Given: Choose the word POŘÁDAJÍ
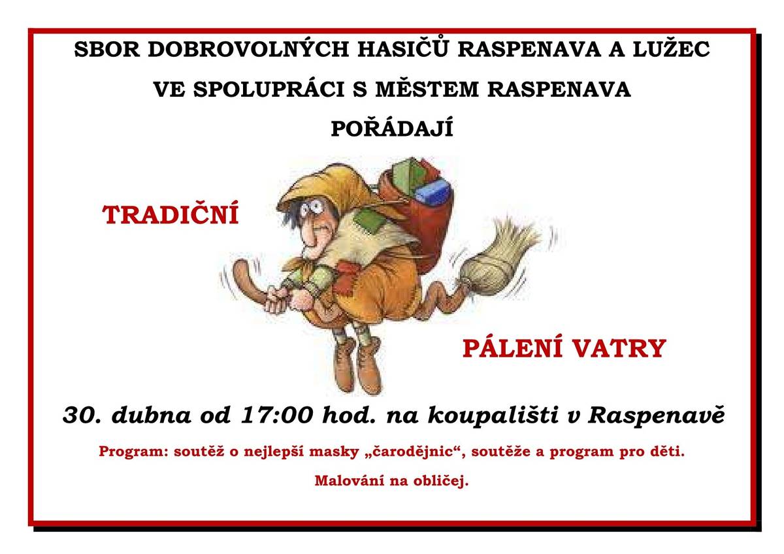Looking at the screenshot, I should (391, 129).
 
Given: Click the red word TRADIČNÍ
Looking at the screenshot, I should (171, 215).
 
